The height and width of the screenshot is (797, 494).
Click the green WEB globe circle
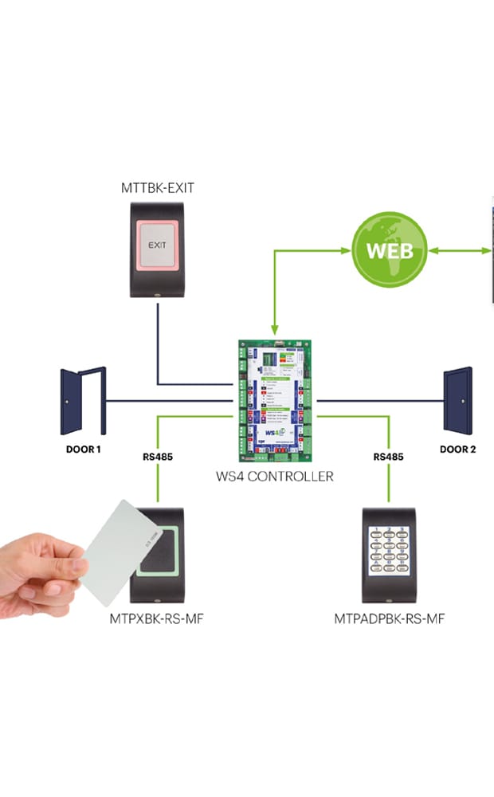[390, 249]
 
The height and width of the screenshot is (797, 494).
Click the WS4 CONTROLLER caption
[274, 477]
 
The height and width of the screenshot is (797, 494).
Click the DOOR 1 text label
[83, 450]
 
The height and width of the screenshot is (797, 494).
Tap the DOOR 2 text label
[458, 450]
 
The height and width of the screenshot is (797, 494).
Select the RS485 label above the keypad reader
[388, 457]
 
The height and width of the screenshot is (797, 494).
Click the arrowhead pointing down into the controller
[274, 329]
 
